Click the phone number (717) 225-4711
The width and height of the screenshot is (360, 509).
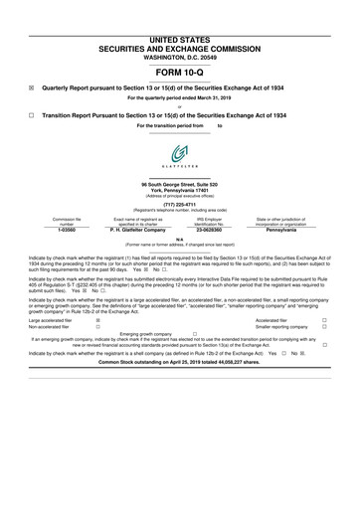pyautogui.click(x=179, y=207)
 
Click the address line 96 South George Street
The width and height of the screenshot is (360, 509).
pyautogui.click(x=179, y=186)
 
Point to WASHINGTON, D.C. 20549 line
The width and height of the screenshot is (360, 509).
pyautogui.click(x=179, y=29)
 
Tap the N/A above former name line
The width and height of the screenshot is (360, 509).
pyautogui.click(x=179, y=238)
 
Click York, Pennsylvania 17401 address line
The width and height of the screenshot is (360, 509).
pyautogui.click(x=179, y=192)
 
